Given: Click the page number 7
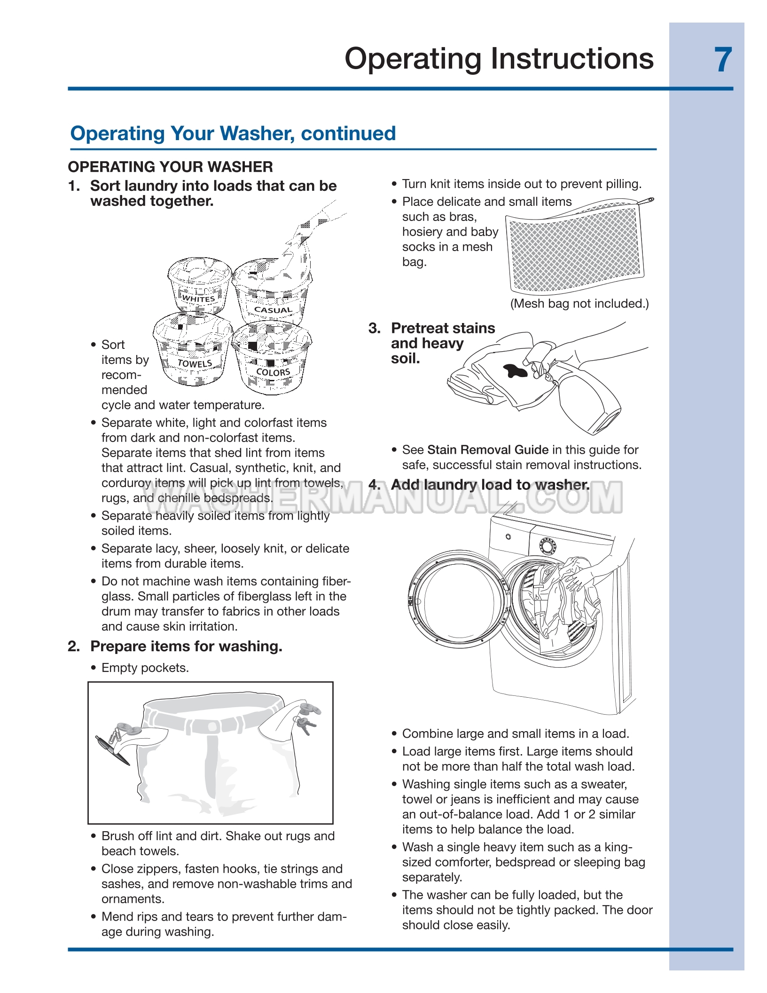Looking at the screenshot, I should pyautogui.click(x=723, y=60).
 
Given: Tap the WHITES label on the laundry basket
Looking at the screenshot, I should pyautogui.click(x=198, y=299).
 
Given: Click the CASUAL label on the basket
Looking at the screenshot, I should pyautogui.click(x=273, y=310).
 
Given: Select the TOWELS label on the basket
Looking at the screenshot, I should pyautogui.click(x=195, y=363).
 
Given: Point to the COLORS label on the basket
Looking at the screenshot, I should pyautogui.click(x=273, y=372).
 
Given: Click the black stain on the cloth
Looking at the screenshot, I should pyautogui.click(x=516, y=371).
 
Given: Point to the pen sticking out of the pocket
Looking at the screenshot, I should pyautogui.click(x=112, y=750).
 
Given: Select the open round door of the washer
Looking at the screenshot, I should pyautogui.click(x=459, y=597).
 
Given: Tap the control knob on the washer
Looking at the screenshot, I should pyautogui.click(x=548, y=546).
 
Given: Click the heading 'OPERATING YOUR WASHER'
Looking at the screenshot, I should pyautogui.click(x=170, y=167).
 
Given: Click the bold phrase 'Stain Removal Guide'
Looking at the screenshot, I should pyautogui.click(x=488, y=450).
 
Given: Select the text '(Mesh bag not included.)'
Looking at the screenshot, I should pyautogui.click(x=579, y=304).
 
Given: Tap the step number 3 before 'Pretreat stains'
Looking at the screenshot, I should pyautogui.click(x=374, y=328).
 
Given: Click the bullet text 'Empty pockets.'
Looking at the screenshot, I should pyautogui.click(x=145, y=668).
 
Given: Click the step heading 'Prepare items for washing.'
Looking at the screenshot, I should pyautogui.click(x=186, y=646).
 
